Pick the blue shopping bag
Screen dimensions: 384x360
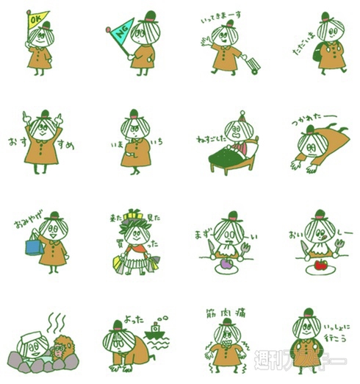[x=33, y=244]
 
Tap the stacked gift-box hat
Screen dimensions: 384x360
[x=132, y=216]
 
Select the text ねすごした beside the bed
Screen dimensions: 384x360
[x=212, y=137]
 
